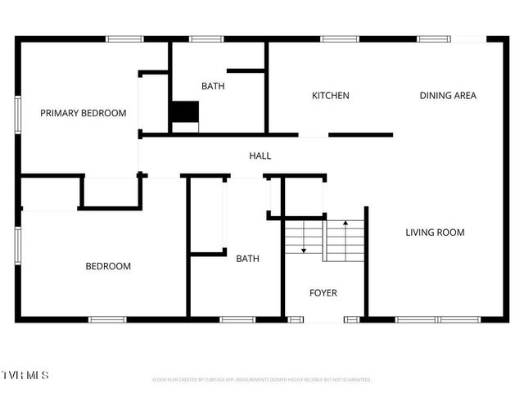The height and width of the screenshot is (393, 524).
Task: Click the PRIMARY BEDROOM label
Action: pos(84,113)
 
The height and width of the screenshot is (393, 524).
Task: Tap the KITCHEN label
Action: pos(331,96)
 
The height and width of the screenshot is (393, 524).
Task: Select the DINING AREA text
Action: pos(448,96)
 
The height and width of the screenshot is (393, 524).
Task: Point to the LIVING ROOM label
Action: pos(435,233)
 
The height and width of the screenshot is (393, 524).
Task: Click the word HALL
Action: pos(260,156)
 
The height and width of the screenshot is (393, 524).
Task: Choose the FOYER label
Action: pos(323,293)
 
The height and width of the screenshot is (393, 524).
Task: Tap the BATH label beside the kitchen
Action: pos(214,86)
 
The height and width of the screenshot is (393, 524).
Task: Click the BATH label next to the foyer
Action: pos(248,259)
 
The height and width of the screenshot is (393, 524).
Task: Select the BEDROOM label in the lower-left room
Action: pos(108,266)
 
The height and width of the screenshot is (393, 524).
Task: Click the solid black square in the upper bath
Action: pos(185,112)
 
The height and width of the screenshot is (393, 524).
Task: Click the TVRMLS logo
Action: pos(25,375)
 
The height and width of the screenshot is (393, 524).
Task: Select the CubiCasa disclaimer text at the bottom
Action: pos(262,380)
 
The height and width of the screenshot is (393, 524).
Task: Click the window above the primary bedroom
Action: pos(124,38)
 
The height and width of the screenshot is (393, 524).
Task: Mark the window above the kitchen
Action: pos(334,38)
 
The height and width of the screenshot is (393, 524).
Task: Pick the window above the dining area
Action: pos(434,38)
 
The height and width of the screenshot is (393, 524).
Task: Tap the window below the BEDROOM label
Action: pos(106,319)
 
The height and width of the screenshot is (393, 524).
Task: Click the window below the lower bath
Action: pos(237,319)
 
